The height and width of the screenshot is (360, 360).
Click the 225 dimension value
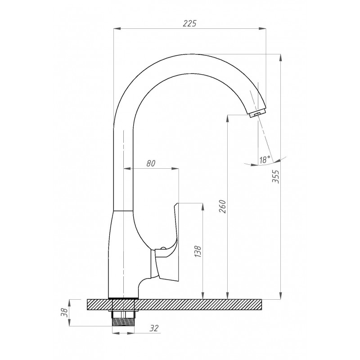point(190,23)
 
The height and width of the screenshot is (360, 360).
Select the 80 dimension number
point(151,163)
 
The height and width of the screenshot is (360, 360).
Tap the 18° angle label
point(265,159)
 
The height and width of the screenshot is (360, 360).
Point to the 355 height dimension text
point(275,176)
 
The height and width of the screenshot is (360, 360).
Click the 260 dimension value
point(222,207)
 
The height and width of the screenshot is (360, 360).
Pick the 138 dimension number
point(198,252)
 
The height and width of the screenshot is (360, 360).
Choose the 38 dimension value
point(65,312)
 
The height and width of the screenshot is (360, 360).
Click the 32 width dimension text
point(154,328)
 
